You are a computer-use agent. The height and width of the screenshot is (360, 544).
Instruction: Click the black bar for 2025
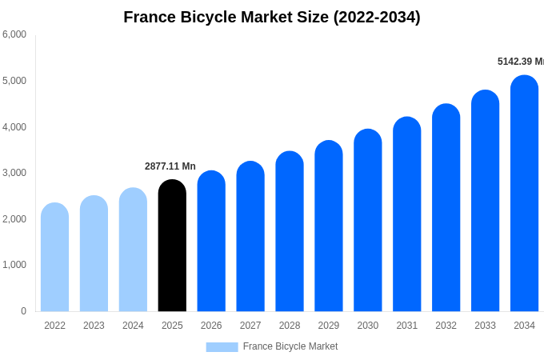172,246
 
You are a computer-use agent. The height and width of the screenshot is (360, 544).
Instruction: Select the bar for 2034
524,194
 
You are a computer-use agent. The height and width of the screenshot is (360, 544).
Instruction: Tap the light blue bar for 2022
54,258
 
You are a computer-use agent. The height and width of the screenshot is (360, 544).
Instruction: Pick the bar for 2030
368,221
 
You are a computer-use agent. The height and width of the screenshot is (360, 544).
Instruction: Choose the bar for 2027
250,237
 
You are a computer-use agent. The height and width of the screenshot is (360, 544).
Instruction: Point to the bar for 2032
446,208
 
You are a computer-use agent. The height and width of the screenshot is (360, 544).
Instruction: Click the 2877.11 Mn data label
170,166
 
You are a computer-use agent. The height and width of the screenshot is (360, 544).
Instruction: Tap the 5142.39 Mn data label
520,62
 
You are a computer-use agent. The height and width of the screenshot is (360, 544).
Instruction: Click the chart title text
272,17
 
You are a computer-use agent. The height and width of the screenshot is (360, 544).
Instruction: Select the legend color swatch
222,347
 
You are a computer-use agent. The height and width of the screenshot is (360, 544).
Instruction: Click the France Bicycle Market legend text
290,346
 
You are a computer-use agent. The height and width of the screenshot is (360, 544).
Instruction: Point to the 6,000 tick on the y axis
14,34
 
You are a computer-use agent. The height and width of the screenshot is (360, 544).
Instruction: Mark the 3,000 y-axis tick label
14,173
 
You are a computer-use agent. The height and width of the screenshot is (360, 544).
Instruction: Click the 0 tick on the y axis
23,311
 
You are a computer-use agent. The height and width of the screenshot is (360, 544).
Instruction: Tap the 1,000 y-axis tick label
14,265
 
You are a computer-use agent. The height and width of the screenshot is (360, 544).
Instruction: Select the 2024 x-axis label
133,326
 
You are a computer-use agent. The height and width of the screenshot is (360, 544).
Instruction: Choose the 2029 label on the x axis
329,326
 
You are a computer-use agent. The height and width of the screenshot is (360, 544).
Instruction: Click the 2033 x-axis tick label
485,326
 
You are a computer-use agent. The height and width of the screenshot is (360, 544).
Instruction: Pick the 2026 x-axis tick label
211,326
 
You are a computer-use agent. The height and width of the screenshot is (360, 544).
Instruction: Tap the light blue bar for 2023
94,254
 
